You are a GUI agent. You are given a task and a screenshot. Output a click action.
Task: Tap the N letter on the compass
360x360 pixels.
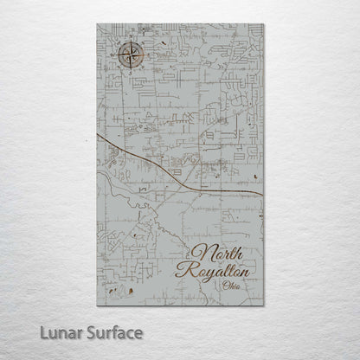129,46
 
